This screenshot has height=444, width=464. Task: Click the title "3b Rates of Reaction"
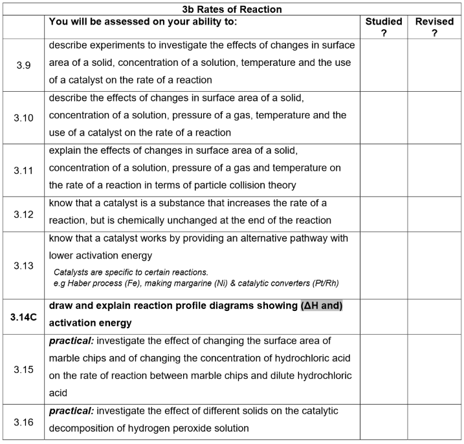231,9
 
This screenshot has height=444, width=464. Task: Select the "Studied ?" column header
384,27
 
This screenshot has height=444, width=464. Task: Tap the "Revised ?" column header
434,27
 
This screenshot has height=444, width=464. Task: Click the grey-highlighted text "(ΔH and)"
321,306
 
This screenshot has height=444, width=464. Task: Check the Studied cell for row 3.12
384,214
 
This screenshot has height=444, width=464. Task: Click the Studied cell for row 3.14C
384,315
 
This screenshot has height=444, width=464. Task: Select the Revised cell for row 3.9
434,65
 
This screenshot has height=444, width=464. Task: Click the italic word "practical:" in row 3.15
72,341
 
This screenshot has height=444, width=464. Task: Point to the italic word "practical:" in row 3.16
72,411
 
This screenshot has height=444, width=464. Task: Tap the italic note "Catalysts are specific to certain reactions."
131,272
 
